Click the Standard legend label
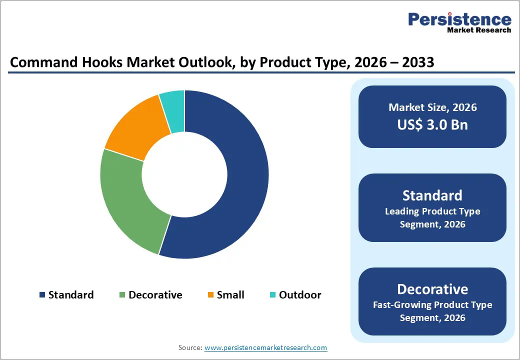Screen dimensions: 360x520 (x=70, y=295)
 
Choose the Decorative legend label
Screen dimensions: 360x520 (x=155, y=295)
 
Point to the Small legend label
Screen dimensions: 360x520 (x=230, y=295)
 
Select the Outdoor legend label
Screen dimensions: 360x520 (x=300, y=295)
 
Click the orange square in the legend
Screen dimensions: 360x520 (x=211, y=295)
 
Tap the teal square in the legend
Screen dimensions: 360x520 (x=272, y=295)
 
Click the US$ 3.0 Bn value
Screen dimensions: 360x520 (x=432, y=124)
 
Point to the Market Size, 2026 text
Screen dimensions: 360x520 (x=432, y=107)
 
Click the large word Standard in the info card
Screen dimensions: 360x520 (x=432, y=195)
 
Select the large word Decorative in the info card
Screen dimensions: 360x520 (x=432, y=289)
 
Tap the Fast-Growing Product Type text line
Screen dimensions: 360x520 (x=432, y=304)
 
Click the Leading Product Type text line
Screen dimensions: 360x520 (x=432, y=211)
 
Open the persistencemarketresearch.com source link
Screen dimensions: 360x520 (x=266, y=347)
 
